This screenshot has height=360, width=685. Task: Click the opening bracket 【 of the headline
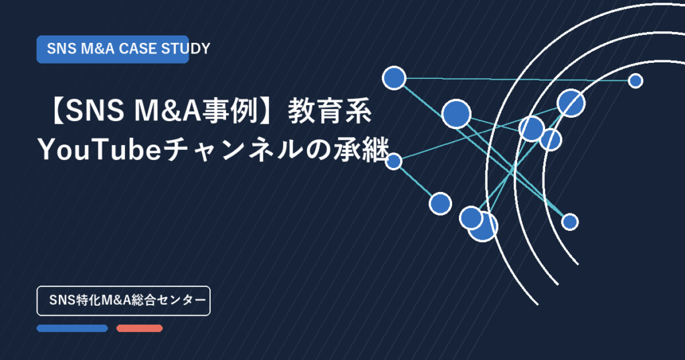coord(56,111)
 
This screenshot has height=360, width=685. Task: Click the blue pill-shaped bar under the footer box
coord(72,328)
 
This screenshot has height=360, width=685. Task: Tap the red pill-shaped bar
coord(139,328)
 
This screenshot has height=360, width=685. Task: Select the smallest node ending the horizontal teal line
coord(635,81)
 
